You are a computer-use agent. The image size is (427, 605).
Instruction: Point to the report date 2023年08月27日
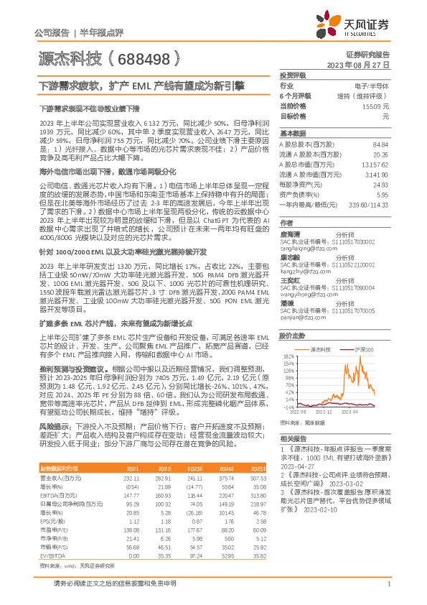(364, 65)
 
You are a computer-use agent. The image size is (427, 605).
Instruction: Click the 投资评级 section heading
(293, 75)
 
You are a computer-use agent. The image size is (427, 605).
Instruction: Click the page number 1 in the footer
(388, 583)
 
